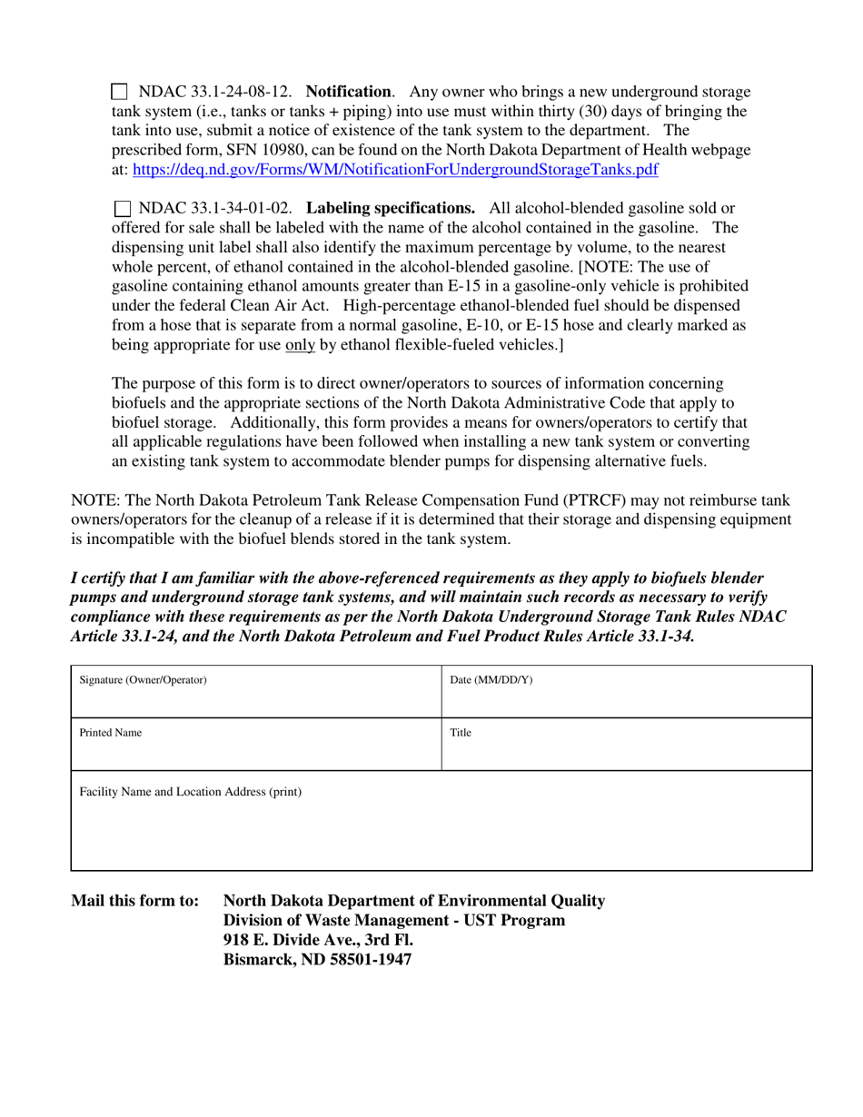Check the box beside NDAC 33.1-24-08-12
(x=119, y=92)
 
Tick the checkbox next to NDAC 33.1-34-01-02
(x=123, y=208)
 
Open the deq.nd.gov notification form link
(x=395, y=169)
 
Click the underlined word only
(x=301, y=344)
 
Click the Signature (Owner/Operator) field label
(x=144, y=680)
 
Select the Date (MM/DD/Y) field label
(x=491, y=680)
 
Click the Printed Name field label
(x=111, y=733)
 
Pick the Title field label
(x=461, y=733)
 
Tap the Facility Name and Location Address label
(x=191, y=792)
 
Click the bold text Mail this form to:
(x=134, y=901)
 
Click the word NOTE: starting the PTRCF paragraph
(x=92, y=500)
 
